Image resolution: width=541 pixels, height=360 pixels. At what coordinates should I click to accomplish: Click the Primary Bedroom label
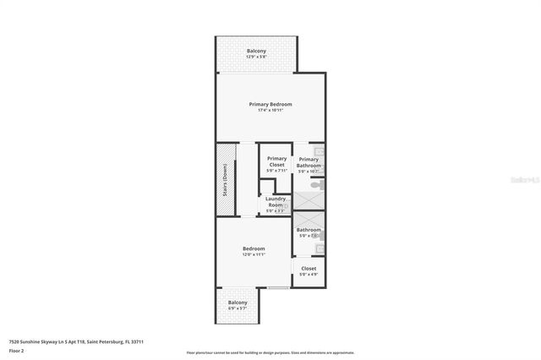270,104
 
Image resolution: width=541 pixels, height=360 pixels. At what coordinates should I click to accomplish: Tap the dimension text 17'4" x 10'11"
270,110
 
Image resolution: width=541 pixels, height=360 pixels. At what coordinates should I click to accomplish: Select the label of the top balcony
257,51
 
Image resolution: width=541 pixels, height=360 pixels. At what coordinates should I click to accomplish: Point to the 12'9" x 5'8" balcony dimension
257,57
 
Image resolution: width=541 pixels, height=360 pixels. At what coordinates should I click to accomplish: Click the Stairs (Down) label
225,179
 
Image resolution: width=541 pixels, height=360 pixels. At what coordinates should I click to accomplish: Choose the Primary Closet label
276,161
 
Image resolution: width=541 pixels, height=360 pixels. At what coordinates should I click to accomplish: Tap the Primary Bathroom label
309,162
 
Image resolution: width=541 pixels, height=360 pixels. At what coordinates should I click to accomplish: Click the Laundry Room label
275,202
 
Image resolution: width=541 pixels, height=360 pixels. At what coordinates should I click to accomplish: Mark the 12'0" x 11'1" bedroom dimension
254,254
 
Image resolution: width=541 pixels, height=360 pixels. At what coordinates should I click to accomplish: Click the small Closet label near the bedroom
309,268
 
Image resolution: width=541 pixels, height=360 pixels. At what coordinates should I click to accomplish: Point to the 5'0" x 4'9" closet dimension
309,274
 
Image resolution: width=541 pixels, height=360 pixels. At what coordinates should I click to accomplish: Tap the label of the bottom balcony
237,302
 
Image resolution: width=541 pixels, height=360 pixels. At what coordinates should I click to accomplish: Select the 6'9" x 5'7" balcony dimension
237,308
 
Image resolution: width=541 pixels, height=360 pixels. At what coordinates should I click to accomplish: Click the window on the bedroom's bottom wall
278,288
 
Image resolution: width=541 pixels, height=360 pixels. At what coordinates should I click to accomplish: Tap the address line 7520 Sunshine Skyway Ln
76,341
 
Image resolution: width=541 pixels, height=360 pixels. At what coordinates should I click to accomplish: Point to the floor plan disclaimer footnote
270,352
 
